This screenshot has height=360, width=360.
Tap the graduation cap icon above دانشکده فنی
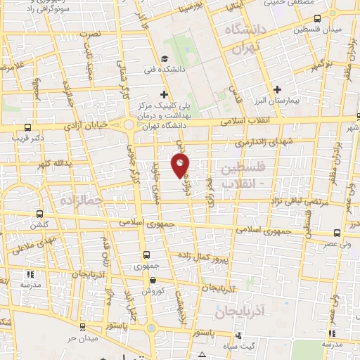(x=164, y=59)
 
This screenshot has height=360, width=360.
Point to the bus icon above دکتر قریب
(x=27, y=127)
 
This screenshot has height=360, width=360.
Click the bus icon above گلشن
(x=39, y=215)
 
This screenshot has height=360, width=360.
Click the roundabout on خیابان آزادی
(x=129, y=126)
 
